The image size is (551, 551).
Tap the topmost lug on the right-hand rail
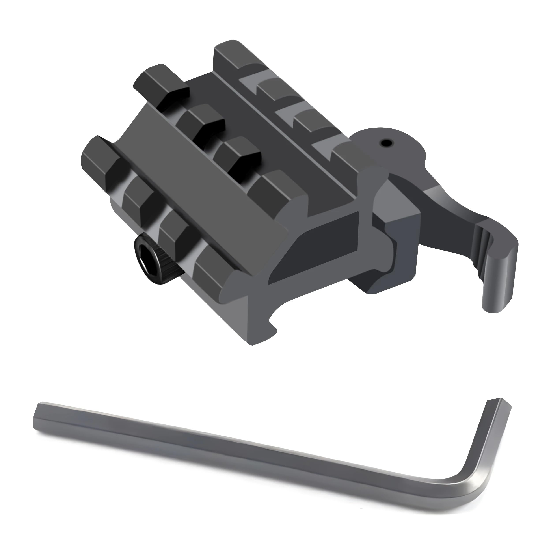coord(228,54)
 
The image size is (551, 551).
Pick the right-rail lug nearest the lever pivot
coord(345,160)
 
